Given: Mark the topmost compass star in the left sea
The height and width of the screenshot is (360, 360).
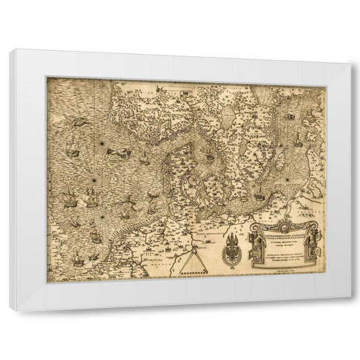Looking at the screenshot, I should coord(101,143).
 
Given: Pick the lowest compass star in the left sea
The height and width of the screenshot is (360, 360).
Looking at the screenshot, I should coord(102,216).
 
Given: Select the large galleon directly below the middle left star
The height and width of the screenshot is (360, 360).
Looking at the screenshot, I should coord(91,199).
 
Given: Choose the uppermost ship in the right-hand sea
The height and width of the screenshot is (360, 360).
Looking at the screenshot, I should coord(290,116).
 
